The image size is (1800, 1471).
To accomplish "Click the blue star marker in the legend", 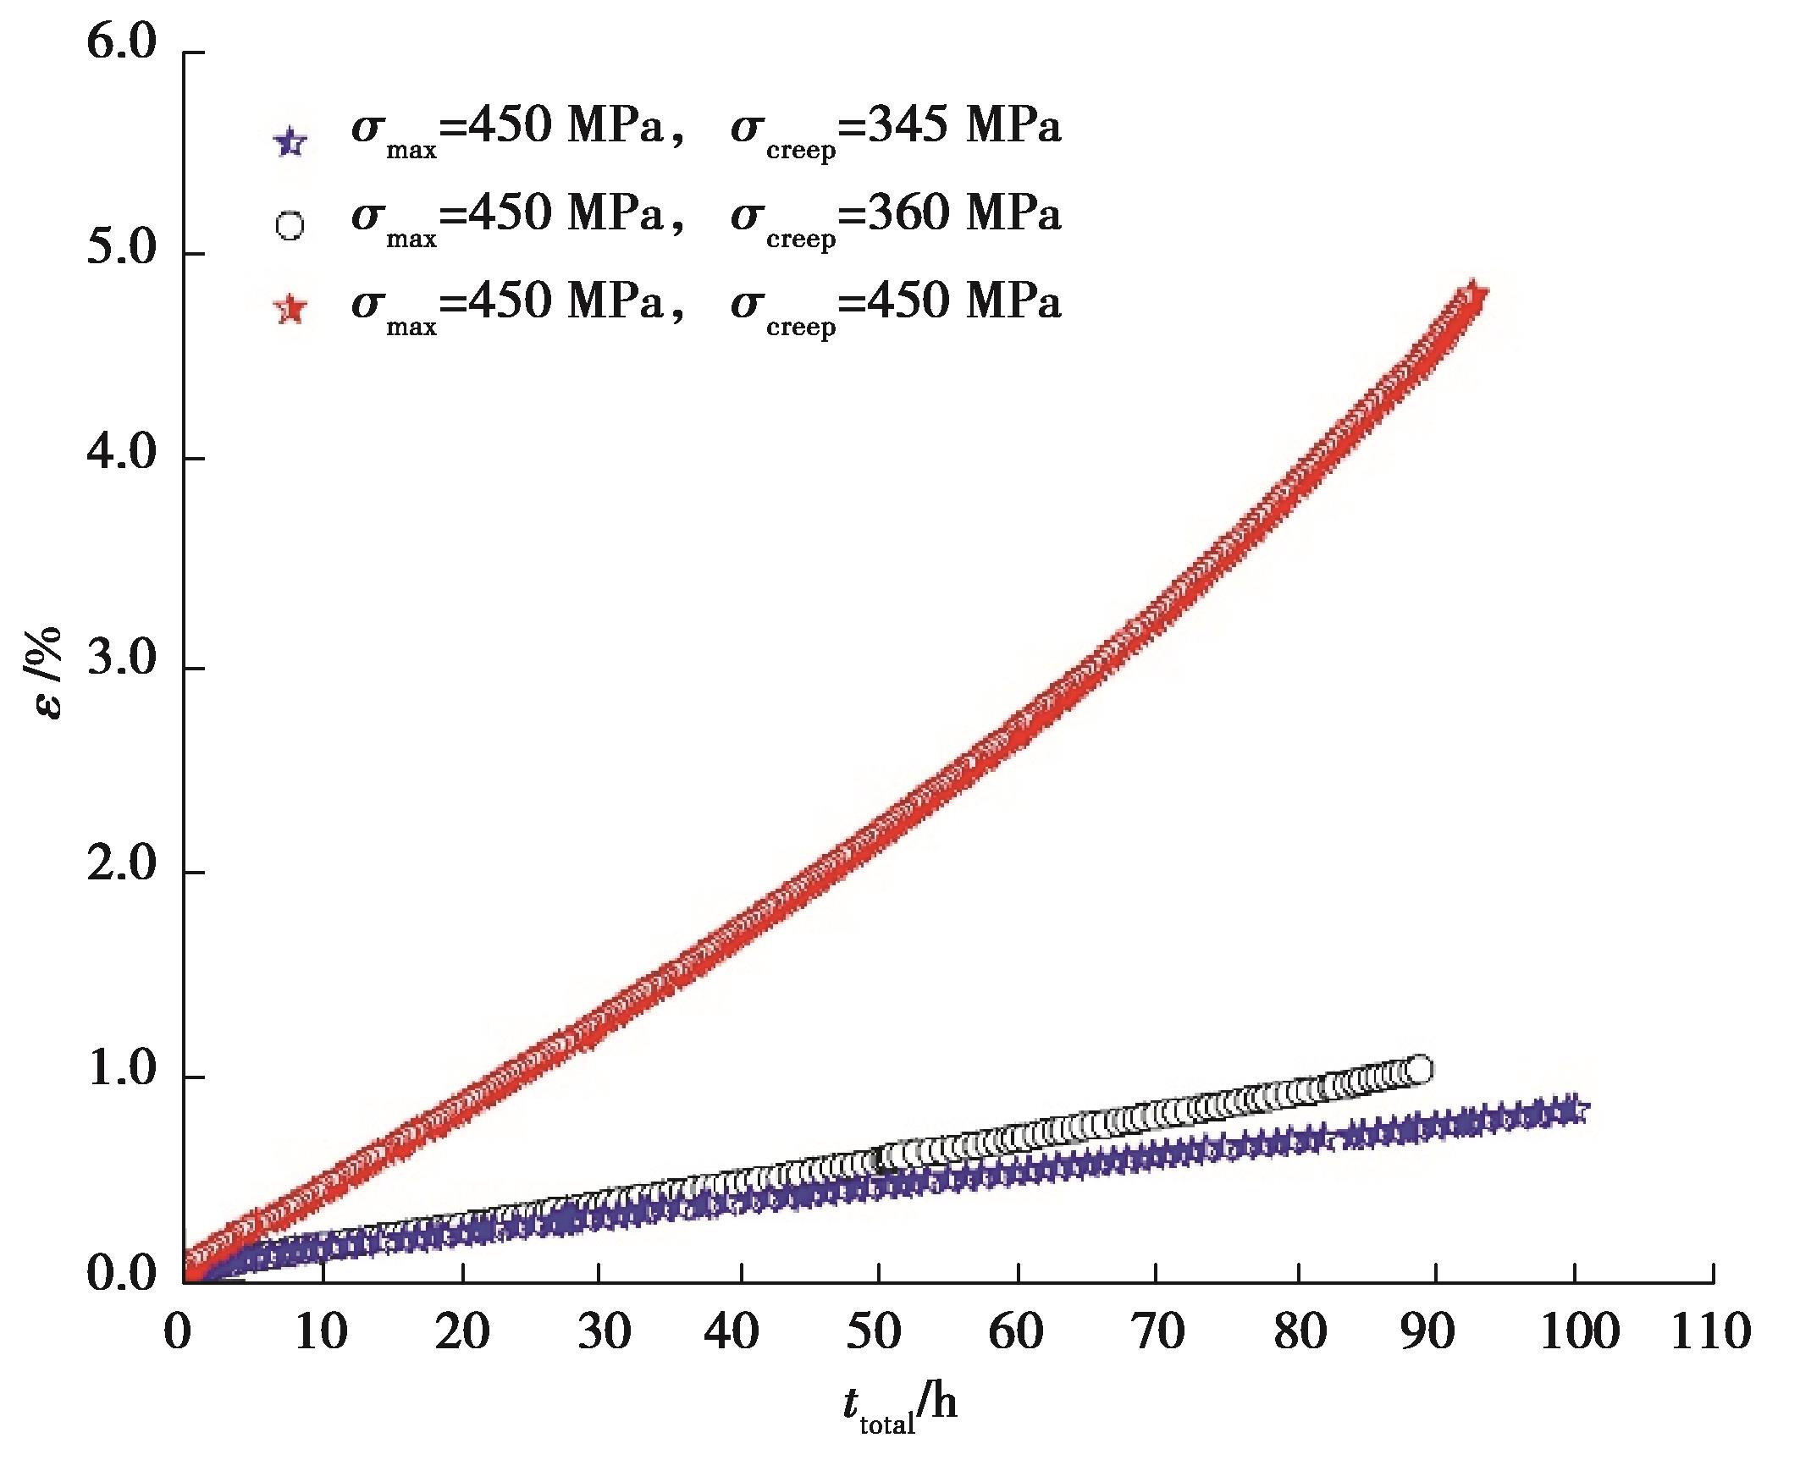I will coord(290,141).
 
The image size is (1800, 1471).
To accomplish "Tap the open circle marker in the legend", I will coord(290,227).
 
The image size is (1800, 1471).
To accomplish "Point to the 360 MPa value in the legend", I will coord(964,214).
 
